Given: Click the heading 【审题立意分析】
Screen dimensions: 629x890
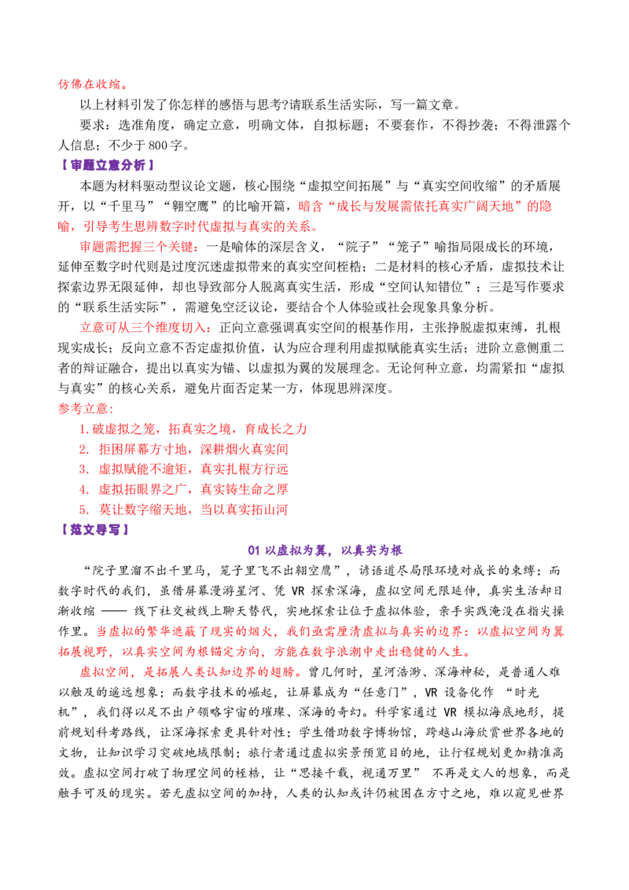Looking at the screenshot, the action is pos(106,165).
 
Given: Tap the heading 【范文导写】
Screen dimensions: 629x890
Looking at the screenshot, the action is pos(94,530).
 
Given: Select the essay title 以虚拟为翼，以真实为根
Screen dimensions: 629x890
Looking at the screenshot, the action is pos(326,550).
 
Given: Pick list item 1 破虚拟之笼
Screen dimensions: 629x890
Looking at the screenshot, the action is pos(193,428).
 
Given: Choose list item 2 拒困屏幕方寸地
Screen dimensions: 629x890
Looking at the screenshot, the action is pos(183,449).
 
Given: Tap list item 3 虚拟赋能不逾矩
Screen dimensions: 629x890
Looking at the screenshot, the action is pos(183,469).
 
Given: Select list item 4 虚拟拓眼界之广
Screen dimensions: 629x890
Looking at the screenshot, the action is pos(183,489).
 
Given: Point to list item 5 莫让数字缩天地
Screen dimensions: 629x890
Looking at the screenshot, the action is pos(183,509).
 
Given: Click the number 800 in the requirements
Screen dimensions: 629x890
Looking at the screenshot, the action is pos(158,145).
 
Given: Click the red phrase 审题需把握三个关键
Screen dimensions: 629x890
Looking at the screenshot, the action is pos(139,246).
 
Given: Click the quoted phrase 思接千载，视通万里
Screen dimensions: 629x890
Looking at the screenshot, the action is pos(355,773).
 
